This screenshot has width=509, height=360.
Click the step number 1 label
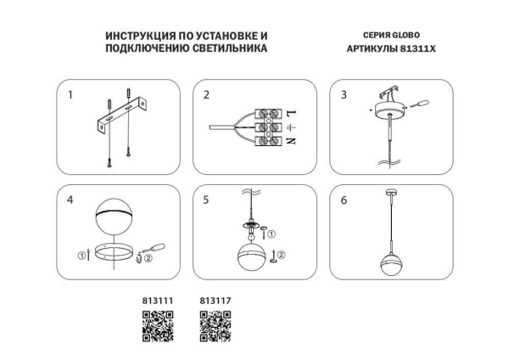[71, 95]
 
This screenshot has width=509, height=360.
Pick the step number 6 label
[344, 201]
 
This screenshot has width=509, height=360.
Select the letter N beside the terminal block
[289, 142]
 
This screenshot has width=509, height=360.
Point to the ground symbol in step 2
[289, 128]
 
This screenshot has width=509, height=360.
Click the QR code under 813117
[215, 325]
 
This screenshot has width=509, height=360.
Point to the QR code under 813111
[156, 325]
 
